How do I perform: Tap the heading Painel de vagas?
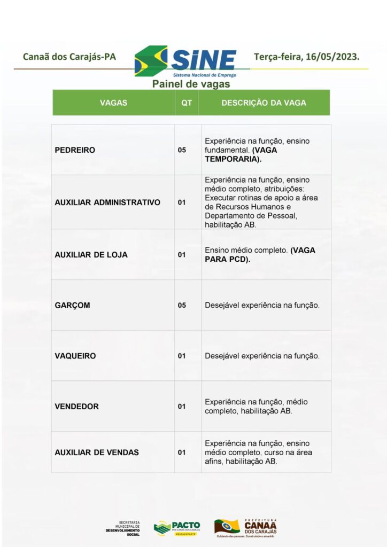[191, 84]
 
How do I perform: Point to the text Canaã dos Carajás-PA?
[69, 56]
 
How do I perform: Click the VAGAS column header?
[113, 103]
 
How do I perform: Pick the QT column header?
[187, 103]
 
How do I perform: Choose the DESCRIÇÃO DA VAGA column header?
[264, 103]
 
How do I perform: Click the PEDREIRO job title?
[75, 150]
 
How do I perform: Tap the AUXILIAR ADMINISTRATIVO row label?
[107, 202]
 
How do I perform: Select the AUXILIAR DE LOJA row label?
[91, 255]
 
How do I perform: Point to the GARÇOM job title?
[72, 306]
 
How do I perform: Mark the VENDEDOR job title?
[76, 407]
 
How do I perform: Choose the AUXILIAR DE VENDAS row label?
[97, 452]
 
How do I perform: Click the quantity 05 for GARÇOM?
[182, 306]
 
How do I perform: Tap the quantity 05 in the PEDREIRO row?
[182, 150]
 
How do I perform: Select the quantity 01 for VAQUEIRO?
[182, 356]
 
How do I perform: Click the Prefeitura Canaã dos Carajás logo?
[246, 527]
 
